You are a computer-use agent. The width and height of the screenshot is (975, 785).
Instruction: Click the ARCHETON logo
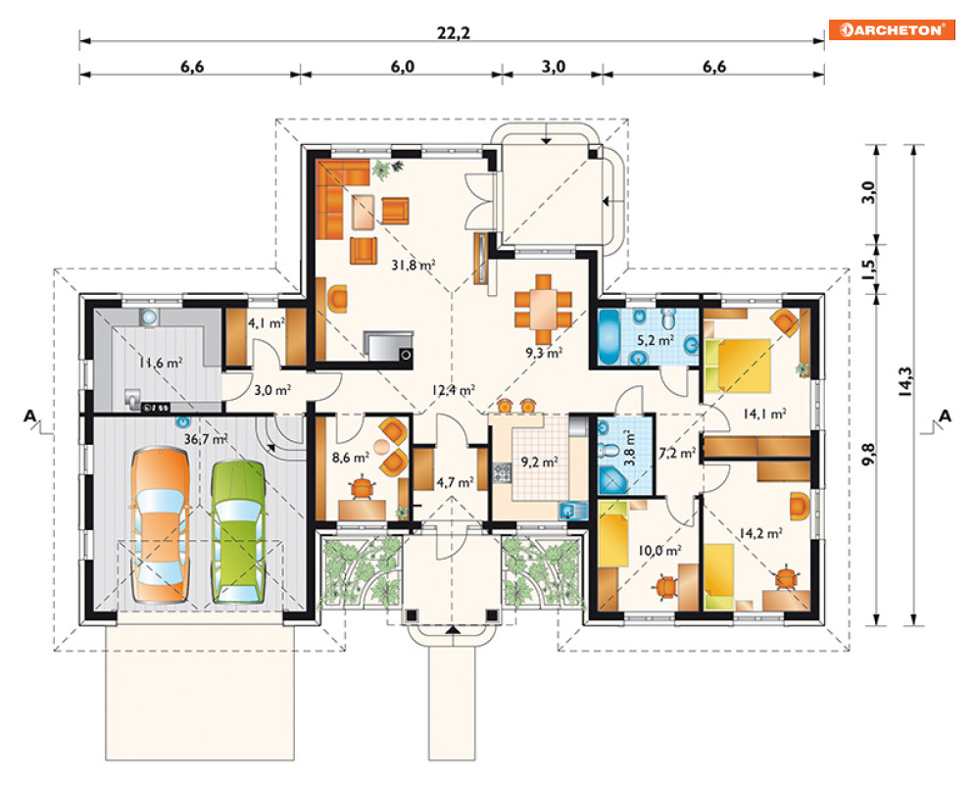(892, 29)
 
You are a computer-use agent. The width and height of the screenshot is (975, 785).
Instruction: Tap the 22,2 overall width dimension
(454, 33)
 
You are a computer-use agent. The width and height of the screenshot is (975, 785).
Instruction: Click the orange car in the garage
(161, 525)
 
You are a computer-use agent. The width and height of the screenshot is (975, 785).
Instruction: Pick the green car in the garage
(238, 532)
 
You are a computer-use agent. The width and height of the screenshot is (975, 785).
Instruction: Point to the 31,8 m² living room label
(414, 265)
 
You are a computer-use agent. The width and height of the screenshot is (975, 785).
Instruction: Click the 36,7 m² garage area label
(206, 439)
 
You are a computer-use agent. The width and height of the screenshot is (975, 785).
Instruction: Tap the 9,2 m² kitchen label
(539, 463)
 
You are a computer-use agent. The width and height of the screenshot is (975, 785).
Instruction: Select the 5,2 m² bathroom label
(656, 340)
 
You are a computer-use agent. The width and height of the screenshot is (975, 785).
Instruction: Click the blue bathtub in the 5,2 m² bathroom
(609, 336)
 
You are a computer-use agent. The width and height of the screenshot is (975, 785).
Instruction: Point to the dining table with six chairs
(544, 309)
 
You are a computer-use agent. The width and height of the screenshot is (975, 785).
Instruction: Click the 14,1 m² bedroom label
(765, 414)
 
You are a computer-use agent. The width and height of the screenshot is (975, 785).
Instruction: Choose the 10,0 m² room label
(659, 551)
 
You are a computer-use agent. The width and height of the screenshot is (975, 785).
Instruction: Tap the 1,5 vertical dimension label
(868, 268)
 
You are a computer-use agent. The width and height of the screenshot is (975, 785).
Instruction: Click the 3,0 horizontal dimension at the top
(553, 67)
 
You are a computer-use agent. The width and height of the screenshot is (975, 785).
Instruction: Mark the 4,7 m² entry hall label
(456, 482)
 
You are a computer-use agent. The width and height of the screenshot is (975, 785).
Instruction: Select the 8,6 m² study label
(351, 458)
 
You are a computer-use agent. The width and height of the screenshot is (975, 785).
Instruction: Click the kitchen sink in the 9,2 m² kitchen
(572, 511)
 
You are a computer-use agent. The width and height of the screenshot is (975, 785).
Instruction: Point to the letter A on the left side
(29, 417)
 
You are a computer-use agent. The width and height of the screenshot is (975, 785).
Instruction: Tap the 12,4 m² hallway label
(454, 391)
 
